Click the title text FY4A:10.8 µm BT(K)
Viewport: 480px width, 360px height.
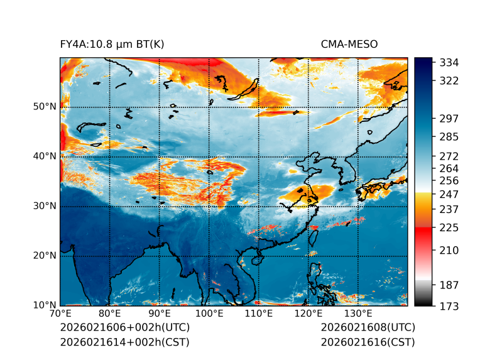point(112,44)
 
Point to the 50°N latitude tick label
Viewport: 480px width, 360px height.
point(45,106)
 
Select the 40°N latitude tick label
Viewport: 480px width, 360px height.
point(45,156)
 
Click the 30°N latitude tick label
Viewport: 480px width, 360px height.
point(45,205)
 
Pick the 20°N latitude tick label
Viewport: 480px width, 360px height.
point(45,255)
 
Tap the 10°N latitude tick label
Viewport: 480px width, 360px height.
point(45,305)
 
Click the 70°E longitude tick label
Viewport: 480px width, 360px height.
point(60,314)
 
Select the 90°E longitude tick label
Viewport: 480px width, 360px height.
point(160,314)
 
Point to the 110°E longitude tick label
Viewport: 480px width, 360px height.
point(259,314)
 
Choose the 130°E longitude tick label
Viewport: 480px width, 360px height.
point(358,314)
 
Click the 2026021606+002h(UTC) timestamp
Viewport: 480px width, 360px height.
point(124,328)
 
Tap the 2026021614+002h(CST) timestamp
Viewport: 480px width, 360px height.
point(124,342)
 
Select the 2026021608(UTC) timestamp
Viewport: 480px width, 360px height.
point(368,328)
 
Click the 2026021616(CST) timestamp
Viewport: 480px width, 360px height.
point(368,342)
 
